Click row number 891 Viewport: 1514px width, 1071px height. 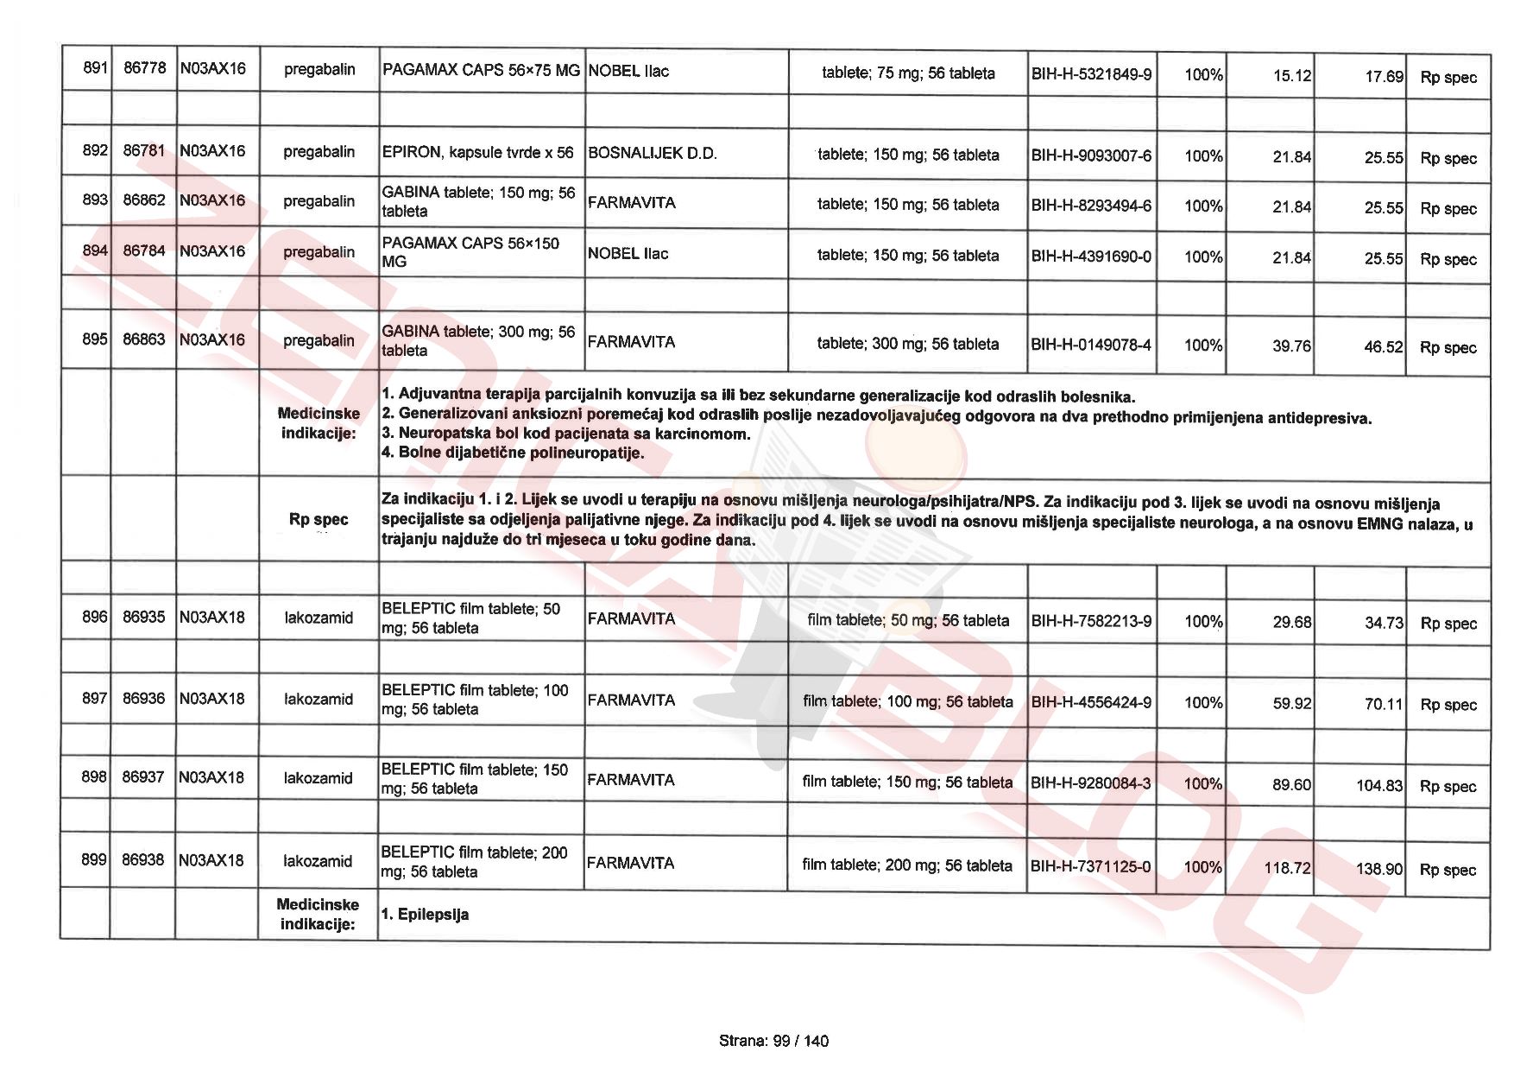[94, 67]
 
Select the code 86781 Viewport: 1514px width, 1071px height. [143, 150]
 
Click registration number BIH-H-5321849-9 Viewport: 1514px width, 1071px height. [1091, 74]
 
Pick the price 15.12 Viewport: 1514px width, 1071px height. [1291, 76]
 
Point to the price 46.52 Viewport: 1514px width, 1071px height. [1384, 347]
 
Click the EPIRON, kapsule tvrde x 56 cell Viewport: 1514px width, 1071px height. [477, 153]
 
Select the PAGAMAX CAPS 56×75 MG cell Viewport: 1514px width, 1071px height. [481, 70]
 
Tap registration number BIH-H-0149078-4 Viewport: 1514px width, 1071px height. [1091, 345]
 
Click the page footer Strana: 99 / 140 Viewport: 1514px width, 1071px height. [773, 1041]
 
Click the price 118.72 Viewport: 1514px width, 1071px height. [1286, 868]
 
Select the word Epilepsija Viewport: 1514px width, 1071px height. [433, 915]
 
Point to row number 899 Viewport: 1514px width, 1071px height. [93, 859]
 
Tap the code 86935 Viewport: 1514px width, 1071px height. [143, 617]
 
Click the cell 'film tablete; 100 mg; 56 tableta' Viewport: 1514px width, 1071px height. [907, 701]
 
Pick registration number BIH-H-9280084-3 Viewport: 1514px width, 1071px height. [1090, 783]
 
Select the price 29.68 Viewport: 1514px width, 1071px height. [1291, 622]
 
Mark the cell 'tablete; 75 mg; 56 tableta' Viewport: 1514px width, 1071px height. [908, 73]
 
